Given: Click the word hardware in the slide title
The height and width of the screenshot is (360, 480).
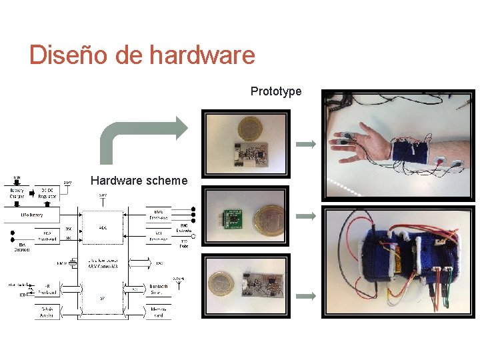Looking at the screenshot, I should pos(202,54).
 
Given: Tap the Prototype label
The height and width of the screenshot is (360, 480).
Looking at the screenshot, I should pos(275,91).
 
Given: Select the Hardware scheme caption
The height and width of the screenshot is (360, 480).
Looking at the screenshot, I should pos(139,181).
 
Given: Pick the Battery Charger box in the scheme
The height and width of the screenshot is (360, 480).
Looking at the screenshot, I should pos(17,193).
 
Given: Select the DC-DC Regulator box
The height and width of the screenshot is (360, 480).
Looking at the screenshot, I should pos(47,193).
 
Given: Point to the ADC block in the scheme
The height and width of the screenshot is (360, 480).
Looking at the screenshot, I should pos(103,228).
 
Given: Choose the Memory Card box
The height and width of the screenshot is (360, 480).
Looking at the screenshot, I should pos(158,313).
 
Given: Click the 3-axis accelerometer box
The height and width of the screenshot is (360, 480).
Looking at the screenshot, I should pos(47,313).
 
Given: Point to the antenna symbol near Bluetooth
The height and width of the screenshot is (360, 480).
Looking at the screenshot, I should pos(177,284).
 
